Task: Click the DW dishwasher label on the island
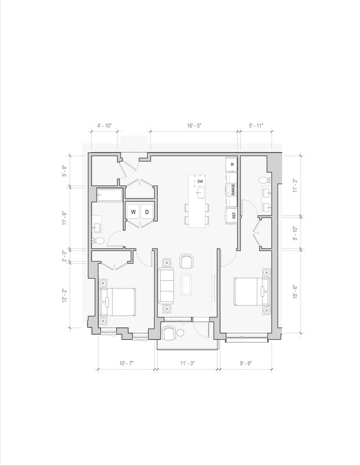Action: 200,181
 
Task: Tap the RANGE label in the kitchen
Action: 233,190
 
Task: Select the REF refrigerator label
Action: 234,215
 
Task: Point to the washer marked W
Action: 133,212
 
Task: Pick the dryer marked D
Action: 147,212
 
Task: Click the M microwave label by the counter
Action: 233,163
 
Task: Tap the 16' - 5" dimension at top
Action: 194,126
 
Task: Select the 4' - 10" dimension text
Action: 105,126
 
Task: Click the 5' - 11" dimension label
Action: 256,126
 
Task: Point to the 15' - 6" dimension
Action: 295,291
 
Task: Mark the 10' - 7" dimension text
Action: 126,364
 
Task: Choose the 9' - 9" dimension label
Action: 245,364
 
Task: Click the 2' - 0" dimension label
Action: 65,255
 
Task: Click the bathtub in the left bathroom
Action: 110,195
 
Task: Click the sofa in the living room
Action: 166,285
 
